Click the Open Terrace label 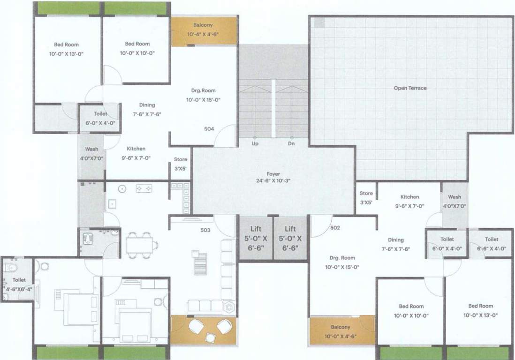(x=410, y=88)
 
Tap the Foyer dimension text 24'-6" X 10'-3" (x=273, y=180)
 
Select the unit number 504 (x=209, y=128)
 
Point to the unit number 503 (x=205, y=230)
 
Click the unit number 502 (x=335, y=228)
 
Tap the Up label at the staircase (x=255, y=144)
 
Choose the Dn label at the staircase (x=291, y=144)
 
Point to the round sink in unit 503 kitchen (x=122, y=189)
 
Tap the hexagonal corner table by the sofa (x=229, y=308)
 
